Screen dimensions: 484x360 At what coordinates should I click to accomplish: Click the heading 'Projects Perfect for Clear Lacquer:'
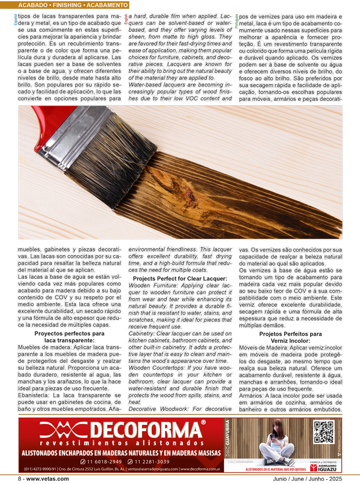click(x=180, y=279)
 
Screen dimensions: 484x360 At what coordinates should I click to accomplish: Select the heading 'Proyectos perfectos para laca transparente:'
click(x=69, y=337)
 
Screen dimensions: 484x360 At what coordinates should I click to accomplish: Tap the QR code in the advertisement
click(x=323, y=432)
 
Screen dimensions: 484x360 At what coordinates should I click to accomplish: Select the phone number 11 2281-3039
click(x=151, y=461)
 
